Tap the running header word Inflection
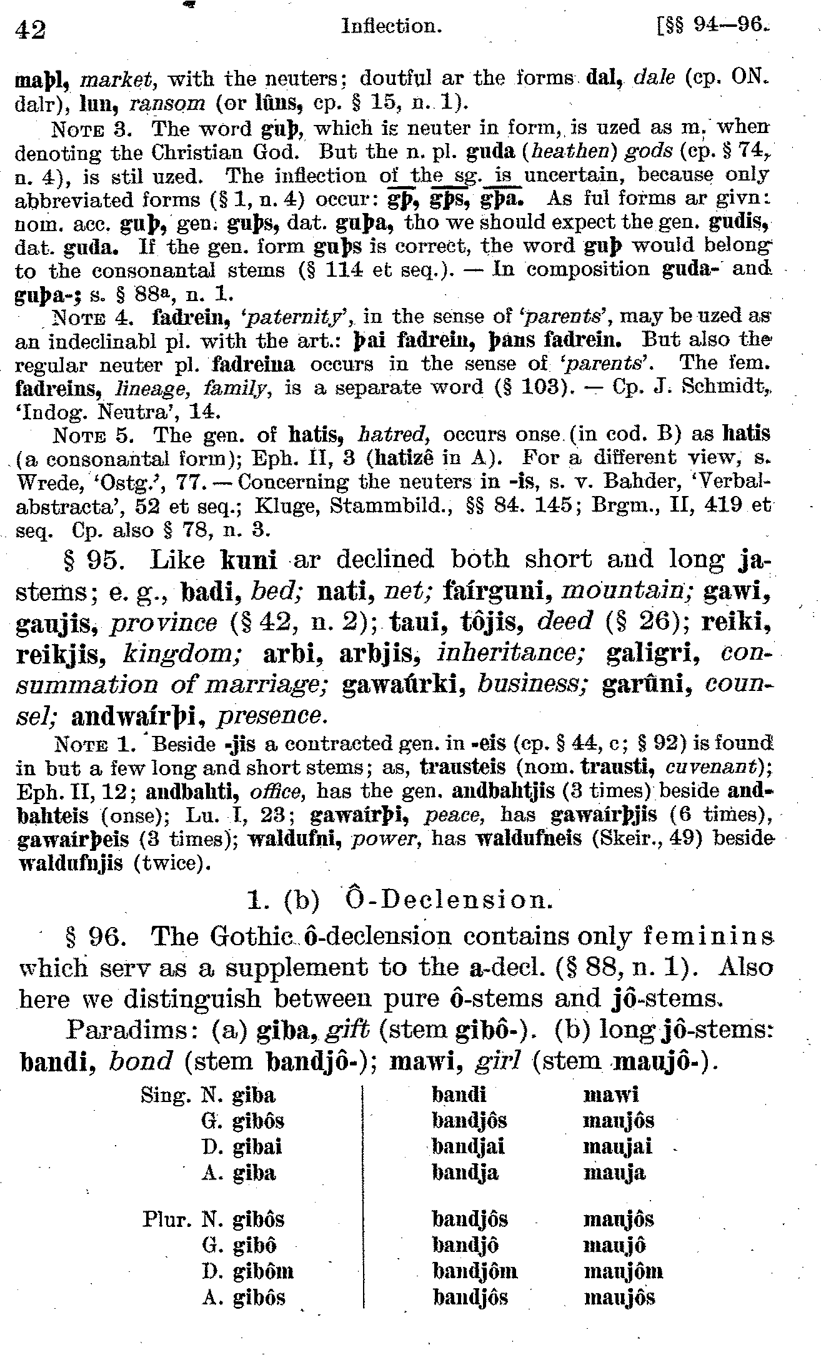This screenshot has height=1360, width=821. tap(392, 26)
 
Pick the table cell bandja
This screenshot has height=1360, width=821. tap(465, 1173)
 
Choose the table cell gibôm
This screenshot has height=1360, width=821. tap(262, 1271)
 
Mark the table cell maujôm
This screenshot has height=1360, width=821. tap(623, 1271)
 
